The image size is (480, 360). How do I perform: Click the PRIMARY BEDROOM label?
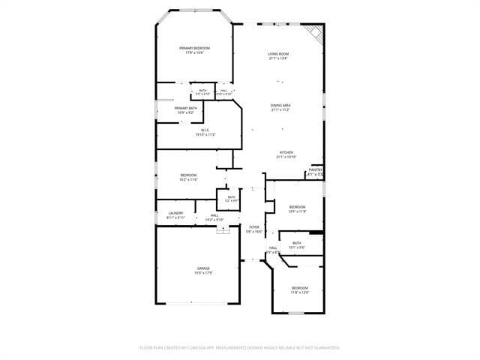(194, 48)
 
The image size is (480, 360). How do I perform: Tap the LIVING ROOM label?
(279, 54)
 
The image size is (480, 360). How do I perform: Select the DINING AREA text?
(280, 106)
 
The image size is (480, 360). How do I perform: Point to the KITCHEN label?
(286, 152)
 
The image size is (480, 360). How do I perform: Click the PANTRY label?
(315, 169)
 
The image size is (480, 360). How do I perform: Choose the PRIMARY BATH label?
(186, 108)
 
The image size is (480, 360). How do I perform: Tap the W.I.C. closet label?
(205, 130)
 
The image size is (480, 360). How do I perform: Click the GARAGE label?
(203, 268)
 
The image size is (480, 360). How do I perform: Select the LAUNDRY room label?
(175, 213)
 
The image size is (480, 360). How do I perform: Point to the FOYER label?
(255, 227)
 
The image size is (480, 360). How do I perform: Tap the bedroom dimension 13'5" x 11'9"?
(298, 211)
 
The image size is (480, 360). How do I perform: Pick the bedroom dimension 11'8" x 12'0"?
(300, 292)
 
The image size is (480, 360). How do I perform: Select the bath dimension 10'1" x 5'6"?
(297, 247)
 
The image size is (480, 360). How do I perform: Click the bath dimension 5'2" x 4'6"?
(232, 201)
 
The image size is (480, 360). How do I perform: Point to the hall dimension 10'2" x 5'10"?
(214, 220)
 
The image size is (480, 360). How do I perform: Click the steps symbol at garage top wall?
(223, 232)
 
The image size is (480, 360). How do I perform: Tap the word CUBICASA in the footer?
(212, 348)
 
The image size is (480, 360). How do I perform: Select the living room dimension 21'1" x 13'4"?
(279, 58)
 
